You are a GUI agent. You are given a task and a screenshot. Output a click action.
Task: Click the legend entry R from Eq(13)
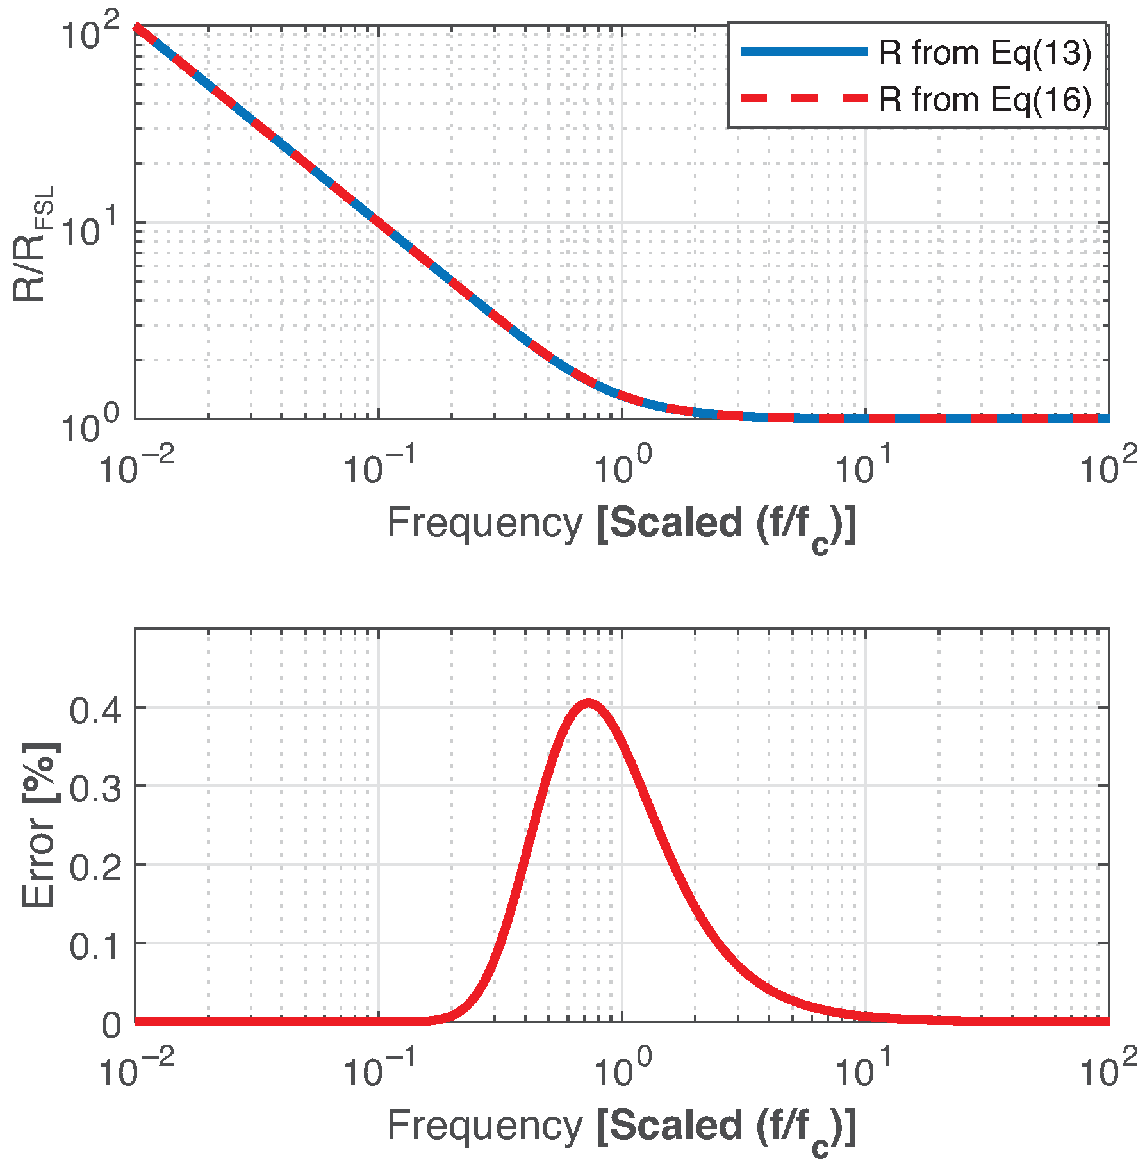[985, 53]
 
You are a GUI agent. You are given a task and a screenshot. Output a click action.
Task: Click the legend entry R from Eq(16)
[985, 99]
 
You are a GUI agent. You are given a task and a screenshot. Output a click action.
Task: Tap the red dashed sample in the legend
[803, 99]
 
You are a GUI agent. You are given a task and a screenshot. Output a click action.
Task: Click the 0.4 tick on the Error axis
[95, 710]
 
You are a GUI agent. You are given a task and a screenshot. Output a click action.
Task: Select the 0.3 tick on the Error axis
[95, 789]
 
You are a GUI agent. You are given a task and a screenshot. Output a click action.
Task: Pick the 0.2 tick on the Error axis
[95, 867]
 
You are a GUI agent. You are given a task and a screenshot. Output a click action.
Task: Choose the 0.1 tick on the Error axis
[95, 946]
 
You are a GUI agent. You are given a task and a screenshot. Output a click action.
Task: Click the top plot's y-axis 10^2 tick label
[90, 33]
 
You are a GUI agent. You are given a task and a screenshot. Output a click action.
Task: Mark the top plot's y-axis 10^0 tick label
[90, 425]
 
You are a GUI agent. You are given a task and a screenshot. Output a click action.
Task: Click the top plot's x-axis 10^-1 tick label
[379, 466]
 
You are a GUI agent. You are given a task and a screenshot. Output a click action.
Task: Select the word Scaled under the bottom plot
[675, 1125]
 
